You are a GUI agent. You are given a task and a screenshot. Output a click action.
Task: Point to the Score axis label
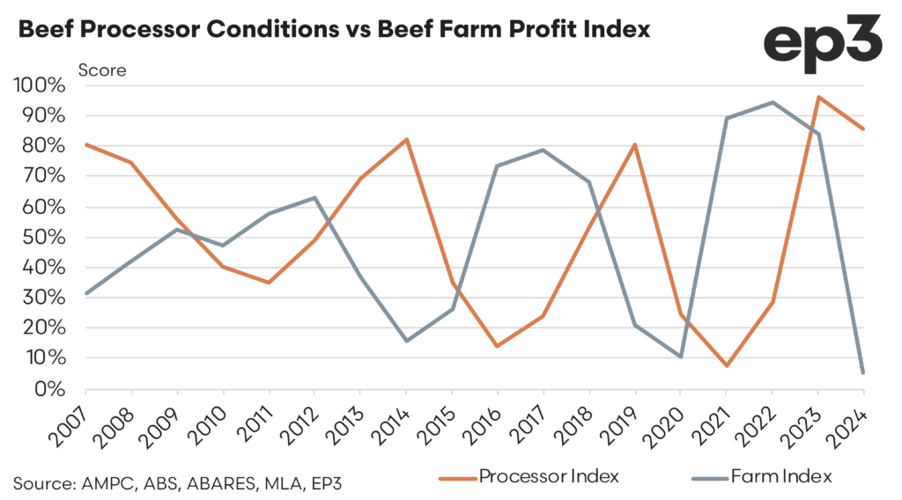(103, 70)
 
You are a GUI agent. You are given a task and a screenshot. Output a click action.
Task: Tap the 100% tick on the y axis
(39, 86)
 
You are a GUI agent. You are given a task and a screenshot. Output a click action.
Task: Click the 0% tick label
(50, 389)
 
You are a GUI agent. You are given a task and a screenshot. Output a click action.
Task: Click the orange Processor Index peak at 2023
(818, 97)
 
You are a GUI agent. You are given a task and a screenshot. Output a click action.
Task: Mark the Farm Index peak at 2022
(773, 102)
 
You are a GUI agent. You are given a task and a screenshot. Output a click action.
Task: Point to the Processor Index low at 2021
(727, 365)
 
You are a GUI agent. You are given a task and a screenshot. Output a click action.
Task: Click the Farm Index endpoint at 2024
(863, 372)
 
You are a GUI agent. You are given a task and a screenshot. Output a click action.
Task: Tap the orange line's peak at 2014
(406, 139)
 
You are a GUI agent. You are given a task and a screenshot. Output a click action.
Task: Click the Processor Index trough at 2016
(498, 346)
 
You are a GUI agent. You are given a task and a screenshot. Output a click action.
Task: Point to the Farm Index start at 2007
(86, 293)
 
